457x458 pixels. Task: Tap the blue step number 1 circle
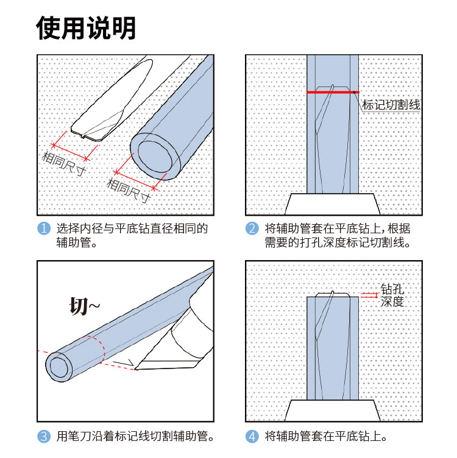[x=43, y=230]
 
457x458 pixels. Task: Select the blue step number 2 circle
[x=252, y=230]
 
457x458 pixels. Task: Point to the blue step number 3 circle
[x=43, y=436]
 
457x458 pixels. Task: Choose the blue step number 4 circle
[x=252, y=436]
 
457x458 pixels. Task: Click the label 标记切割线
[x=391, y=105]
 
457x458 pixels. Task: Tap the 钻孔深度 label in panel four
[x=392, y=295]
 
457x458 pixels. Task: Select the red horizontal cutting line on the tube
[x=332, y=92]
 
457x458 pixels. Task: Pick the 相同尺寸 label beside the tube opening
[x=129, y=189]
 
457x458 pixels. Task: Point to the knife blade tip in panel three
[x=135, y=368]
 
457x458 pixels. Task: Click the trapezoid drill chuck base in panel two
[x=333, y=204]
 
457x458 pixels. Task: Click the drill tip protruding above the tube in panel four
[x=333, y=294]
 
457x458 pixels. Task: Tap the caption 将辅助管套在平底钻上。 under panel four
[x=326, y=436]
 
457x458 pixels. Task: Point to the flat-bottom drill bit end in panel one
[x=85, y=129]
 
